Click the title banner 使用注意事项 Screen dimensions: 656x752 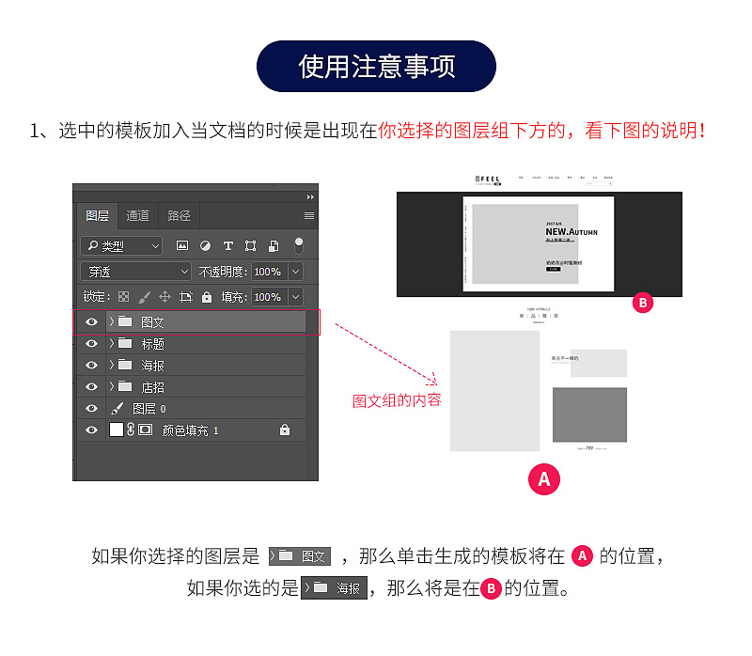click(x=376, y=66)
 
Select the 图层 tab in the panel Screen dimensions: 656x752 click(x=97, y=215)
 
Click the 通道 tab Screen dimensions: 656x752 click(x=138, y=215)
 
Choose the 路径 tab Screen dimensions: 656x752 click(x=180, y=215)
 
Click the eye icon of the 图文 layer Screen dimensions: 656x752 click(x=91, y=322)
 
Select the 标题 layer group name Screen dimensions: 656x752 click(x=153, y=344)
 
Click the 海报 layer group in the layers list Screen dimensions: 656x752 click(x=153, y=366)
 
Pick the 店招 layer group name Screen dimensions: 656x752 click(x=153, y=387)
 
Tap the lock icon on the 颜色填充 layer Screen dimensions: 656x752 click(x=285, y=430)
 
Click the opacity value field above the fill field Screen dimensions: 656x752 click(x=267, y=272)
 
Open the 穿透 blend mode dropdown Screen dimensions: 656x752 click(x=137, y=272)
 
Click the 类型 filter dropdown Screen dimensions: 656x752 click(x=121, y=245)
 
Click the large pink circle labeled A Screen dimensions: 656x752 click(x=543, y=479)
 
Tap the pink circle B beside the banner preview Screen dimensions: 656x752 click(x=643, y=304)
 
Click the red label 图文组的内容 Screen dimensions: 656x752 click(x=397, y=400)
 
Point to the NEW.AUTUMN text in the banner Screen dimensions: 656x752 click(x=571, y=231)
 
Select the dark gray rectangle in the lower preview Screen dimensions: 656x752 click(x=589, y=414)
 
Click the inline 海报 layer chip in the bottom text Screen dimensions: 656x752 click(x=334, y=588)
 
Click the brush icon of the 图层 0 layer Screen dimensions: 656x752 click(x=117, y=409)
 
